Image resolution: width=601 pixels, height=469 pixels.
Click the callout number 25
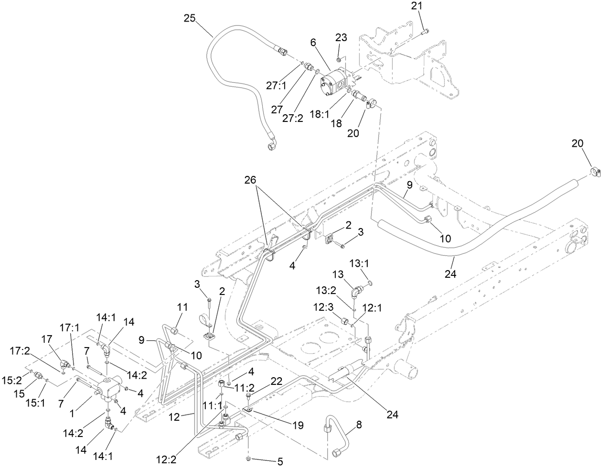190,19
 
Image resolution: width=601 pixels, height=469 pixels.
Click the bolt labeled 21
423,32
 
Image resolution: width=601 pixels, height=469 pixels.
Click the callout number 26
264,180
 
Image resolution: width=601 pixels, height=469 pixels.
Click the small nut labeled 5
249,459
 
